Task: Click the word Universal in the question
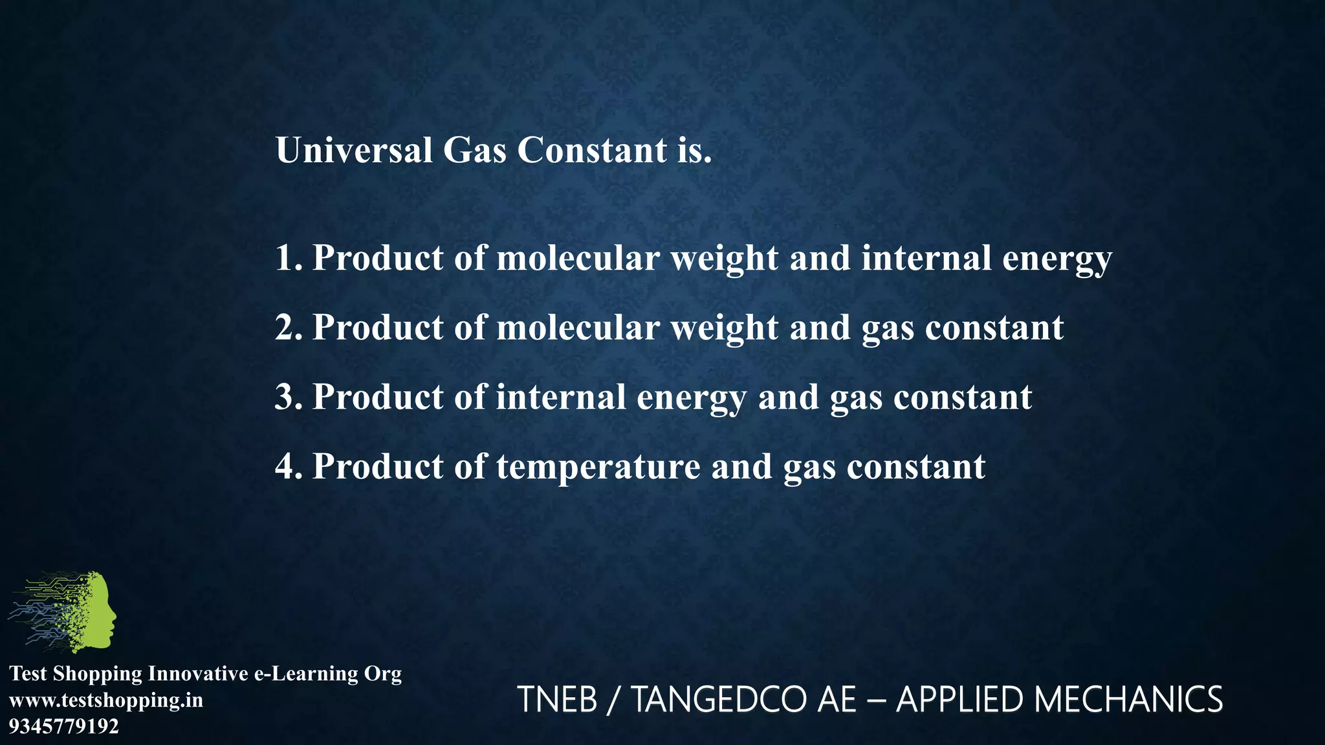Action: pyautogui.click(x=354, y=150)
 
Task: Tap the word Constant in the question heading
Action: pyautogui.click(x=591, y=150)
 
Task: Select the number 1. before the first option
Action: pyautogui.click(x=289, y=257)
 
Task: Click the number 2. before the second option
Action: pyautogui.click(x=289, y=327)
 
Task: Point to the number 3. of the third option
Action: pyautogui.click(x=289, y=396)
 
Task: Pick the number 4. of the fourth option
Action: pyautogui.click(x=289, y=466)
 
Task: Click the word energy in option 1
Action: pyautogui.click(x=1057, y=259)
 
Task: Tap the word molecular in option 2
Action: pyautogui.click(x=578, y=327)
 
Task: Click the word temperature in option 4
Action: pyautogui.click(x=598, y=467)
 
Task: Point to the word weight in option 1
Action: pyautogui.click(x=724, y=259)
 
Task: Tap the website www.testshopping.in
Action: pyautogui.click(x=106, y=700)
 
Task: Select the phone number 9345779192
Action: pyautogui.click(x=64, y=726)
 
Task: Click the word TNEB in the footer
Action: pyautogui.click(x=557, y=700)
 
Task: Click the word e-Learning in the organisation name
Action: pyautogui.click(x=305, y=673)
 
